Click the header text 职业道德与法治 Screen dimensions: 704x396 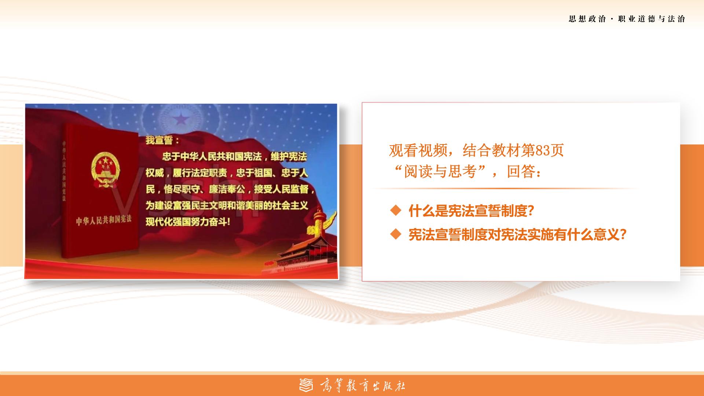click(x=652, y=19)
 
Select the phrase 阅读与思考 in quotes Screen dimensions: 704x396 click(x=440, y=172)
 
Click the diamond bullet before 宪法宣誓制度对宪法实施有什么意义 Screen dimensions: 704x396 click(x=396, y=234)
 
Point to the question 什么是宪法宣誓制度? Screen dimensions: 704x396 click(x=471, y=211)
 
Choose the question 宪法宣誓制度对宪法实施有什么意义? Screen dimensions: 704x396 click(x=517, y=235)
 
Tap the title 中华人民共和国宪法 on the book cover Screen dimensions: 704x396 click(x=104, y=220)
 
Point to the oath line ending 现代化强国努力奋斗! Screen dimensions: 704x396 click(x=188, y=222)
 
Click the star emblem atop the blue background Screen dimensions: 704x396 click(x=180, y=118)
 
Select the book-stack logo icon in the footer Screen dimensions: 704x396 click(x=307, y=385)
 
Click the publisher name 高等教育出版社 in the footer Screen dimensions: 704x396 click(x=363, y=385)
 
